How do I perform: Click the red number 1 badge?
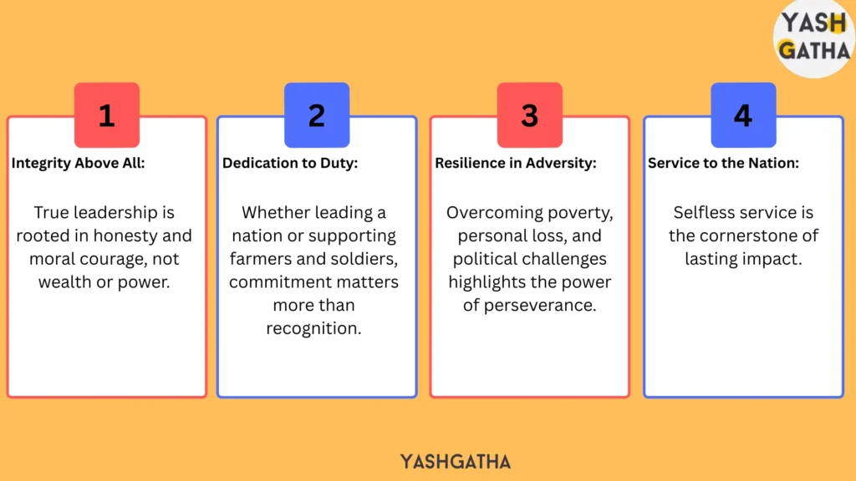pyautogui.click(x=107, y=115)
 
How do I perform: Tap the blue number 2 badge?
pyautogui.click(x=317, y=115)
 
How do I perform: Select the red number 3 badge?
pyautogui.click(x=529, y=115)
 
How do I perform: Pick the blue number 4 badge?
pyautogui.click(x=743, y=115)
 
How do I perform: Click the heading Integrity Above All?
pyautogui.click(x=78, y=163)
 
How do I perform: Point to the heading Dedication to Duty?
pyautogui.click(x=290, y=163)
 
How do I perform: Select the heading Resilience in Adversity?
pyautogui.click(x=515, y=163)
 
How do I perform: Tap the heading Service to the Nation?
pyautogui.click(x=723, y=163)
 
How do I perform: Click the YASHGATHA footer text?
pyautogui.click(x=456, y=462)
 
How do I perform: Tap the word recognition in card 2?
pyautogui.click(x=314, y=328)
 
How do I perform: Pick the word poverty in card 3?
pyautogui.click(x=580, y=213)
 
